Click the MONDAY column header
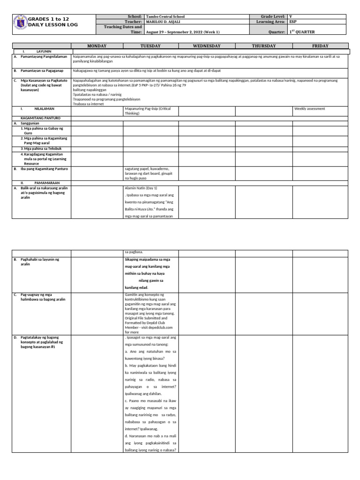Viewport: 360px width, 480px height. (97, 46)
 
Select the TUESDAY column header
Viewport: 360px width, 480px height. (150, 46)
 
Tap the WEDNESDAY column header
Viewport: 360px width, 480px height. (207, 46)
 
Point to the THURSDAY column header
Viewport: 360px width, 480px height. (264, 46)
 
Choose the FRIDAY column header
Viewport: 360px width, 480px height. (320, 46)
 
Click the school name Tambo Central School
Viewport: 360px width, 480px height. (166, 16)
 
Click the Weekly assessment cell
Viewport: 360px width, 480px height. (309, 109)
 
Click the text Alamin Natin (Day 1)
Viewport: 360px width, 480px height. (140, 187)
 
